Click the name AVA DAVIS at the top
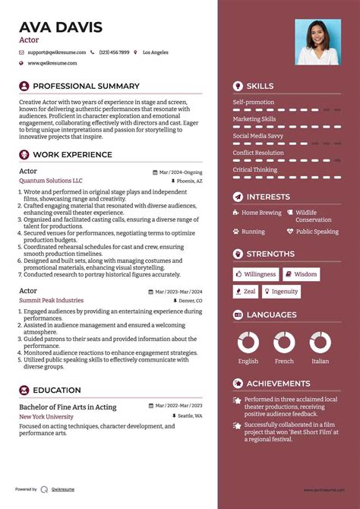tap(61, 28)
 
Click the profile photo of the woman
tap(317, 42)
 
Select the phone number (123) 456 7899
tap(114, 52)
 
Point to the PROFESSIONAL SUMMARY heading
tap(86, 87)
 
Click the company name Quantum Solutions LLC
tap(51, 182)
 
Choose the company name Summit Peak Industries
tap(52, 301)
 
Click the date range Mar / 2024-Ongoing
tap(181, 172)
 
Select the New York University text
tap(46, 417)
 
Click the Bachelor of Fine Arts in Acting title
tap(68, 407)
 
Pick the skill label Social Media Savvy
tap(258, 136)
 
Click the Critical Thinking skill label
tap(255, 169)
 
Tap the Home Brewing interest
tap(261, 213)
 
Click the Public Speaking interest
tap(317, 232)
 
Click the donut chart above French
tap(284, 342)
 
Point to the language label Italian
tap(321, 362)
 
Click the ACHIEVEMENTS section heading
tap(278, 384)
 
